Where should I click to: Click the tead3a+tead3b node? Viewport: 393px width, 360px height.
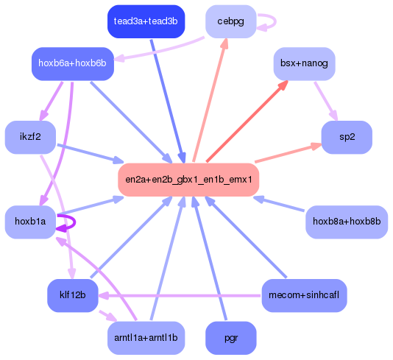tap(146, 21)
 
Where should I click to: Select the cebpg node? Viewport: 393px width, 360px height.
tap(230, 21)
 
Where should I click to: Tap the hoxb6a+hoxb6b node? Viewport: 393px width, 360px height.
tap(72, 63)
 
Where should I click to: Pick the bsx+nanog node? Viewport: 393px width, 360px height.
tap(304, 63)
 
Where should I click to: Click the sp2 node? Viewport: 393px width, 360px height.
tap(347, 137)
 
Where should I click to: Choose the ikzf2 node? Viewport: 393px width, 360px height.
tap(30, 137)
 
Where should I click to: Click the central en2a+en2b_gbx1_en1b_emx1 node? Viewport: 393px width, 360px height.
tap(188, 179)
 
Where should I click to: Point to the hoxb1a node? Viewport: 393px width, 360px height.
tap(30, 221)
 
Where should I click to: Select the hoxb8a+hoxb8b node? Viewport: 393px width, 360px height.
tap(346, 221)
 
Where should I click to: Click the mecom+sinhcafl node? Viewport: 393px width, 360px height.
tap(304, 295)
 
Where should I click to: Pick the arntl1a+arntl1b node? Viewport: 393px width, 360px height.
tap(146, 338)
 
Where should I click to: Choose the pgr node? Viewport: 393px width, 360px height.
tap(230, 338)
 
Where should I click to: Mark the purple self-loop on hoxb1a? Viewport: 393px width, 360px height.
tap(74, 222)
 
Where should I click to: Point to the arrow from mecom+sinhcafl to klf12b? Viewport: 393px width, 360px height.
tap(184, 296)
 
